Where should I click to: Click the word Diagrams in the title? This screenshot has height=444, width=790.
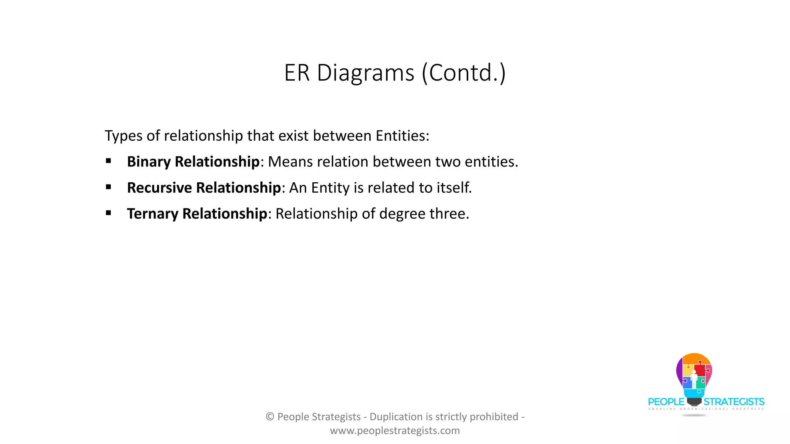[365, 73]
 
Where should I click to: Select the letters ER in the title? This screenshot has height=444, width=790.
[297, 73]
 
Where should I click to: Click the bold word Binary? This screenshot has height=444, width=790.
[149, 162]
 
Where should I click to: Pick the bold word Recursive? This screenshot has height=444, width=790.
[159, 188]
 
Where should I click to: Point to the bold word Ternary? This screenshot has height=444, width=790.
[152, 214]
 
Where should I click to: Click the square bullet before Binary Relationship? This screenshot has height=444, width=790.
[108, 161]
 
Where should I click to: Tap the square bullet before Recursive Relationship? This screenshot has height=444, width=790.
[108, 187]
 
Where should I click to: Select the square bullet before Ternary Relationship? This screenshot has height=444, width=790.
[108, 213]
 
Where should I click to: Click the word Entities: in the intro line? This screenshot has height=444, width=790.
[402, 136]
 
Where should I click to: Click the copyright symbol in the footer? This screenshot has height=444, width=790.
[270, 417]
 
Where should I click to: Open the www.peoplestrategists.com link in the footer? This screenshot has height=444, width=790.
[395, 431]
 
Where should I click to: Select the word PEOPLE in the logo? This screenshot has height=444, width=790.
[666, 402]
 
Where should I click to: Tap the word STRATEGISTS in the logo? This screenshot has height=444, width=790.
[734, 402]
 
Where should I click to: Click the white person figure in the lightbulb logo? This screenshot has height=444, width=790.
[694, 379]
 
